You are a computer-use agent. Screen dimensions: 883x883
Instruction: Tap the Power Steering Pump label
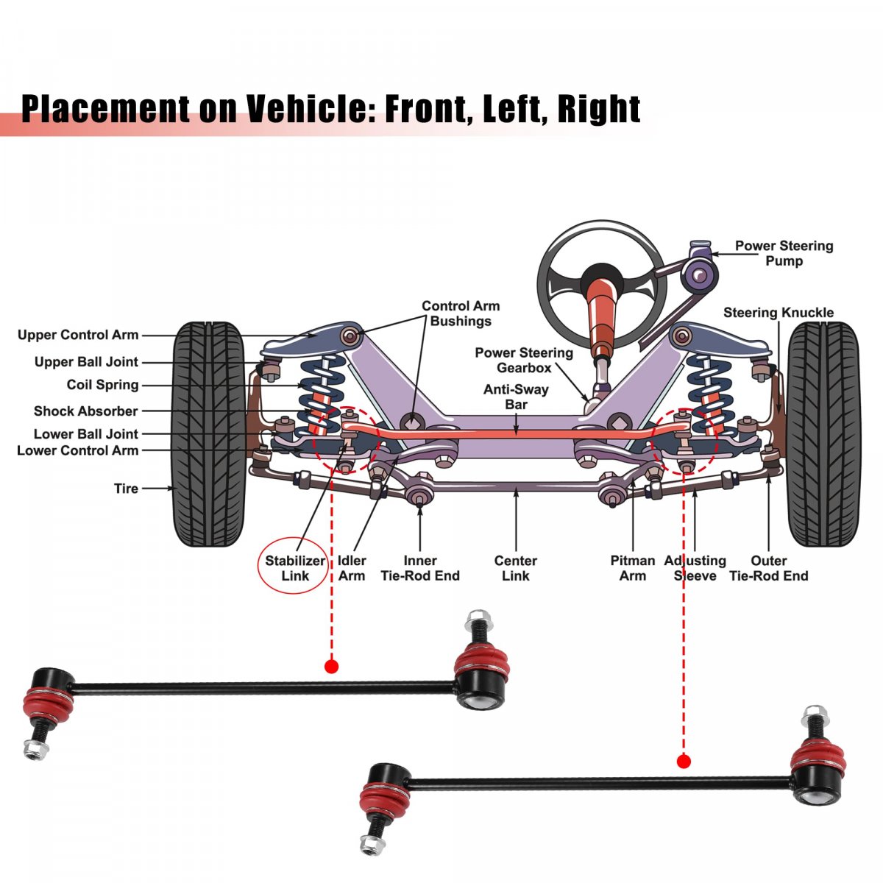(x=784, y=253)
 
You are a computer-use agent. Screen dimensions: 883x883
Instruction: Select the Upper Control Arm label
(x=78, y=335)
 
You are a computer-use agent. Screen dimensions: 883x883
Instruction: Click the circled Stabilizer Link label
(x=294, y=568)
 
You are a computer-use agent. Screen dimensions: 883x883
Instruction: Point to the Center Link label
(x=515, y=568)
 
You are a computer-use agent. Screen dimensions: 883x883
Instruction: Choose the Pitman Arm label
(x=632, y=568)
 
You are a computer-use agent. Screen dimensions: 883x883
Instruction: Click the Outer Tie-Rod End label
(x=768, y=568)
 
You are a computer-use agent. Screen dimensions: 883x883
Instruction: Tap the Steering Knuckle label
(x=778, y=313)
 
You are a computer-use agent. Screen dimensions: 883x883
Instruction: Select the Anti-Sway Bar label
(x=516, y=397)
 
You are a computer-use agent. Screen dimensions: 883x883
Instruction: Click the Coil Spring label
(x=102, y=385)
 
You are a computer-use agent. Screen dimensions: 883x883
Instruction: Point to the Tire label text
(x=126, y=488)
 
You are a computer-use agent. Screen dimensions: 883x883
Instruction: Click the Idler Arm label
(x=352, y=568)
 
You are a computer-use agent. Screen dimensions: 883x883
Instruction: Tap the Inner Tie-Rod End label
(x=419, y=568)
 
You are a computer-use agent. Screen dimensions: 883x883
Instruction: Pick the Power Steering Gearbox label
(x=523, y=360)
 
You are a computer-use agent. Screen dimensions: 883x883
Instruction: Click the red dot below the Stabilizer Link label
(x=331, y=667)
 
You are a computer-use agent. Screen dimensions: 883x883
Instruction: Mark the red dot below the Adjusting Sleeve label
(x=684, y=761)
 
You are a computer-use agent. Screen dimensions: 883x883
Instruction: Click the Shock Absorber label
(x=85, y=411)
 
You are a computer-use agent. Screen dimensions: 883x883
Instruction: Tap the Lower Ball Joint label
(x=86, y=434)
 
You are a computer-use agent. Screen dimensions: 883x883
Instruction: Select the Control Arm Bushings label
(x=461, y=313)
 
